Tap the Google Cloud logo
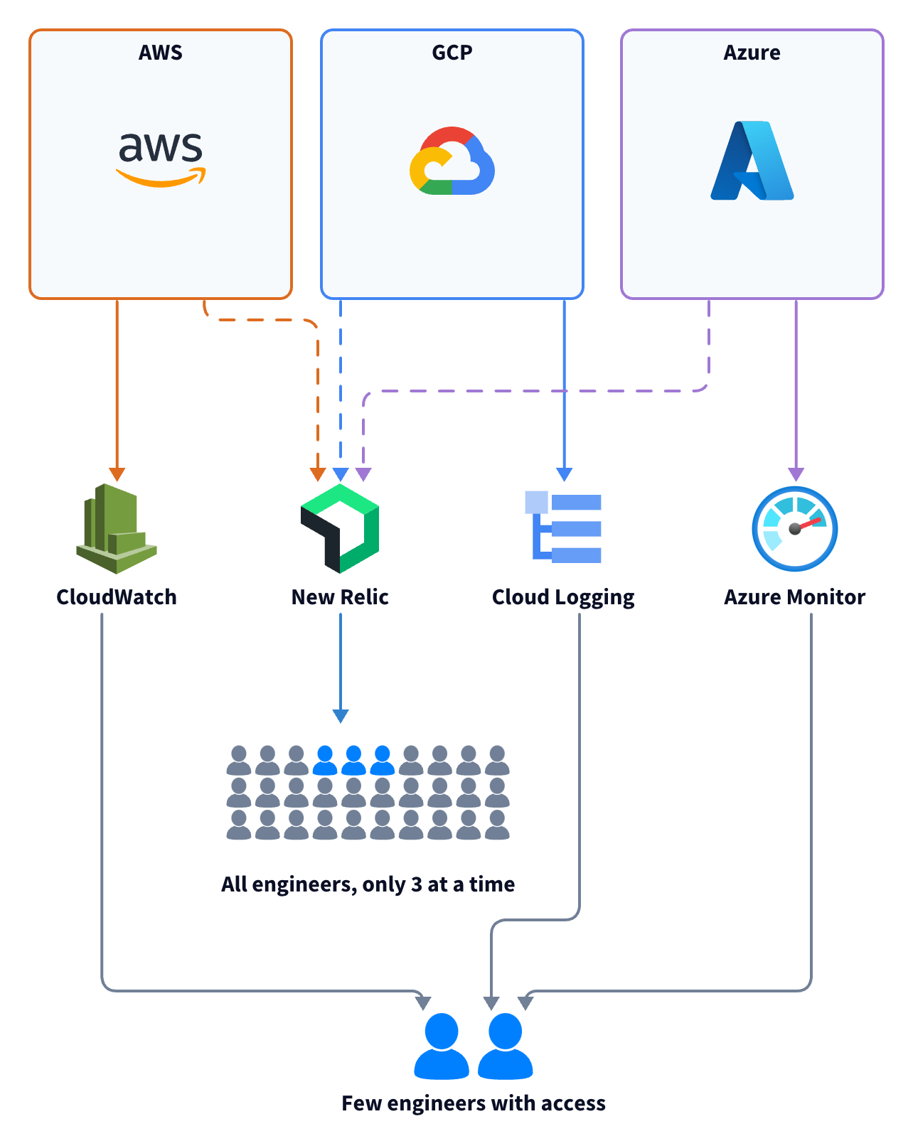click(452, 161)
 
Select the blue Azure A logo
click(752, 161)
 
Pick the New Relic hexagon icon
click(340, 528)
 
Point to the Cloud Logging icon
click(563, 527)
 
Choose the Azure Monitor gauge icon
click(795, 528)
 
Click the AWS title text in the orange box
click(161, 53)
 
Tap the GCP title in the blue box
click(452, 53)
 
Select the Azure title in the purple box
click(752, 53)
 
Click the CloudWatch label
click(117, 597)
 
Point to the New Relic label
click(340, 597)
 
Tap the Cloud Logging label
click(563, 598)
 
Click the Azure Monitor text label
click(794, 597)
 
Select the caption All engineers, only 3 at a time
click(368, 884)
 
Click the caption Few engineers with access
click(474, 1103)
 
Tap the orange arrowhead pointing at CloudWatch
click(117, 474)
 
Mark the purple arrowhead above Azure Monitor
click(796, 474)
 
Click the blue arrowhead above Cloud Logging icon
click(565, 474)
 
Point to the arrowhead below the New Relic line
click(341, 716)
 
